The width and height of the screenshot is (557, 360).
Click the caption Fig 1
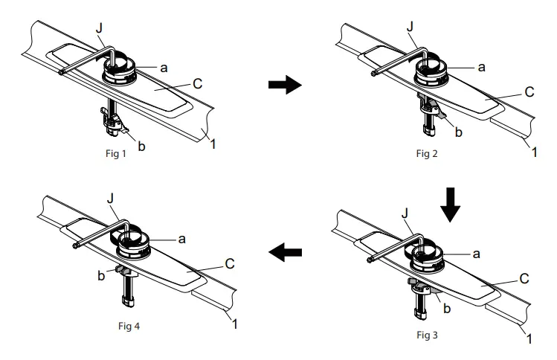coord(116,153)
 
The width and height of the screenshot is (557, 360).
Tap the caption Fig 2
coord(427,153)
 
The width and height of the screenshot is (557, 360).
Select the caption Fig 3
coord(427,335)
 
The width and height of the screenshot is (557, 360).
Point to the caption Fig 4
coord(129,326)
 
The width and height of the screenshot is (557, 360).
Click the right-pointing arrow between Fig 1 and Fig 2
coord(285,85)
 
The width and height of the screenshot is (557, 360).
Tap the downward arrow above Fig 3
coord(450,205)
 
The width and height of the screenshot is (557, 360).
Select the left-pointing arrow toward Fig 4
coord(285,252)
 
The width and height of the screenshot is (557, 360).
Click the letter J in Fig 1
coord(99,28)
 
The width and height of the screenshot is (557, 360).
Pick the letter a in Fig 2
coord(481,67)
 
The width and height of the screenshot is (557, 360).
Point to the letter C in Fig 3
coord(524,278)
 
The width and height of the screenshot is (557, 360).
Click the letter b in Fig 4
coord(101,275)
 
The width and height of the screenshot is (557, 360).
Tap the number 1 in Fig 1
coord(213,144)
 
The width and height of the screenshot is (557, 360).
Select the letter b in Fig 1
coord(141,146)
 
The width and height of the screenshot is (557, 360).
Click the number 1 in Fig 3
coord(529,338)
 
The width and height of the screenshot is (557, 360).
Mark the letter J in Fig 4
coord(111,199)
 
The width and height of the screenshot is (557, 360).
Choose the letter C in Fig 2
coord(529,91)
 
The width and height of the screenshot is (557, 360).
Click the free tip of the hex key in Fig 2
coord(374,74)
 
